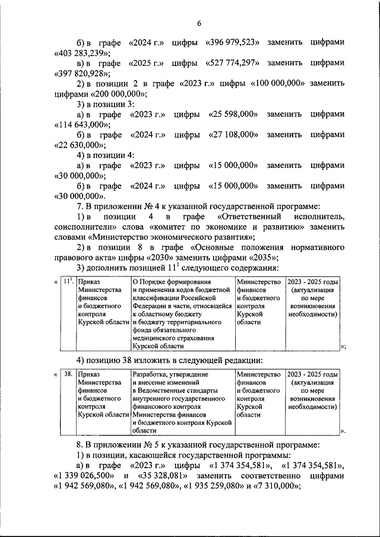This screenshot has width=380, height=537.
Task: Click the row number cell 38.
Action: tap(68, 374)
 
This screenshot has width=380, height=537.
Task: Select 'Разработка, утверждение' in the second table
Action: tap(170, 374)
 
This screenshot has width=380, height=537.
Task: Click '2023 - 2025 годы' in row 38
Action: tap(312, 374)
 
